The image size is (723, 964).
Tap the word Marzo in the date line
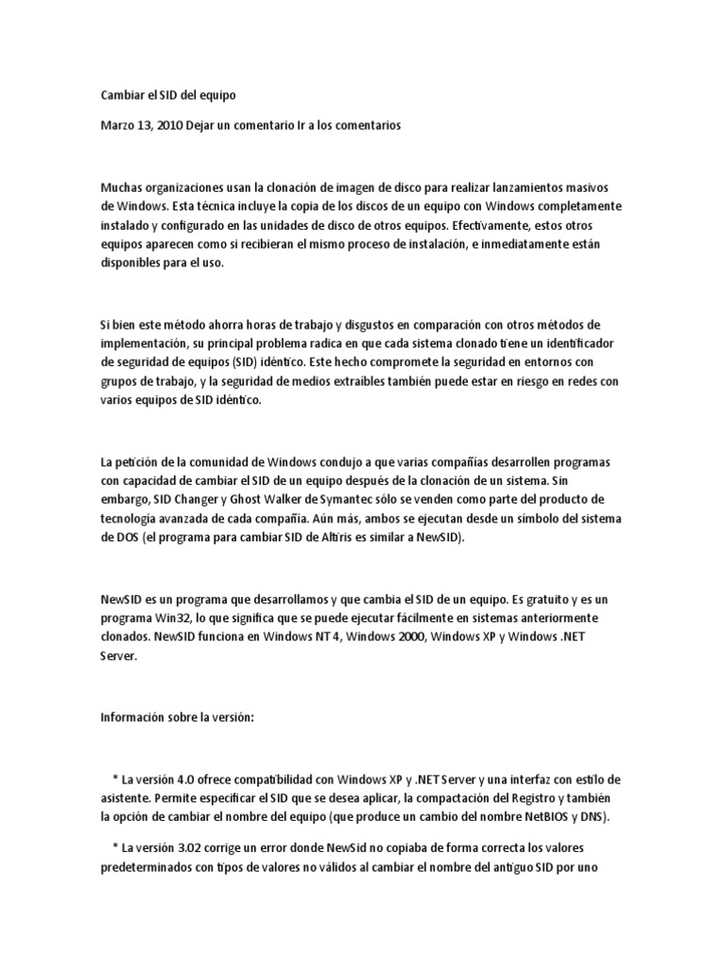pyautogui.click(x=119, y=125)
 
